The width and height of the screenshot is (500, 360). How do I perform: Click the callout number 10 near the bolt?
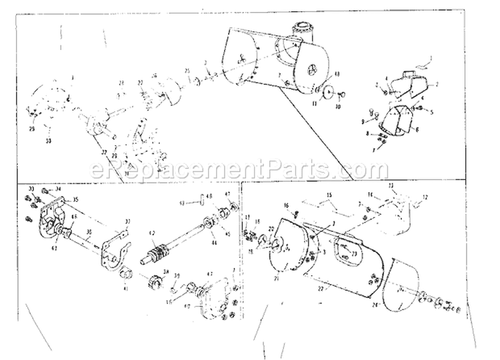pos(338,106)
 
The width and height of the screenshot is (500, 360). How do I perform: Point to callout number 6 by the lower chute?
pos(417,129)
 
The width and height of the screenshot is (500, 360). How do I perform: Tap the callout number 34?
pos(59,189)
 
